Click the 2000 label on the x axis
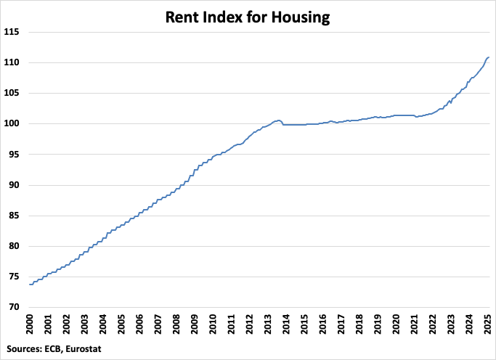30,324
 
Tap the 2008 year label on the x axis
176,324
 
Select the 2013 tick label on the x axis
268,324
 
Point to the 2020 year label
397,324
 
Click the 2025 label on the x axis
489,324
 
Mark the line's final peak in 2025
489,57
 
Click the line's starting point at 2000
30,285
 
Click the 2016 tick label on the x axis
323,324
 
